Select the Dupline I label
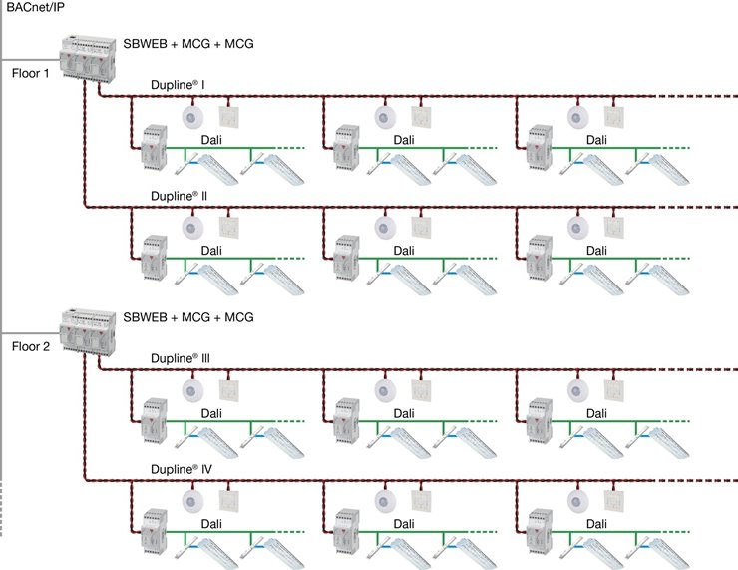pos(178,87)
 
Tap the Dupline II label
pos(179,197)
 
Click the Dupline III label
pos(180,357)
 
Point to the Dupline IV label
pos(180,468)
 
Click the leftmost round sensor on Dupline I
pos(192,116)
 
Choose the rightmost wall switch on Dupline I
pos(612,117)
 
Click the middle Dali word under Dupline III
pos(404,413)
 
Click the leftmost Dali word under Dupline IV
pos(211,523)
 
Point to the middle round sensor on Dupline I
pos(385,116)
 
